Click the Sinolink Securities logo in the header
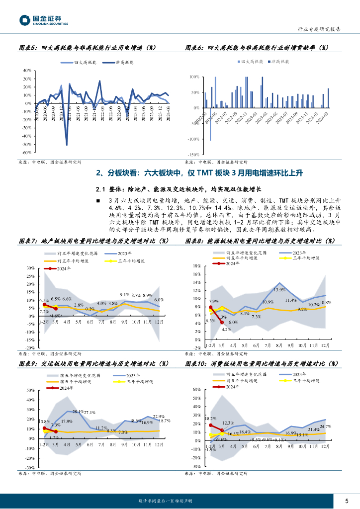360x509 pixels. [43, 20]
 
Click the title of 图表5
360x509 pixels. [87, 48]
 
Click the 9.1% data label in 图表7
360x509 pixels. [124, 295]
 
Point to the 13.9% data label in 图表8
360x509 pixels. [279, 290]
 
